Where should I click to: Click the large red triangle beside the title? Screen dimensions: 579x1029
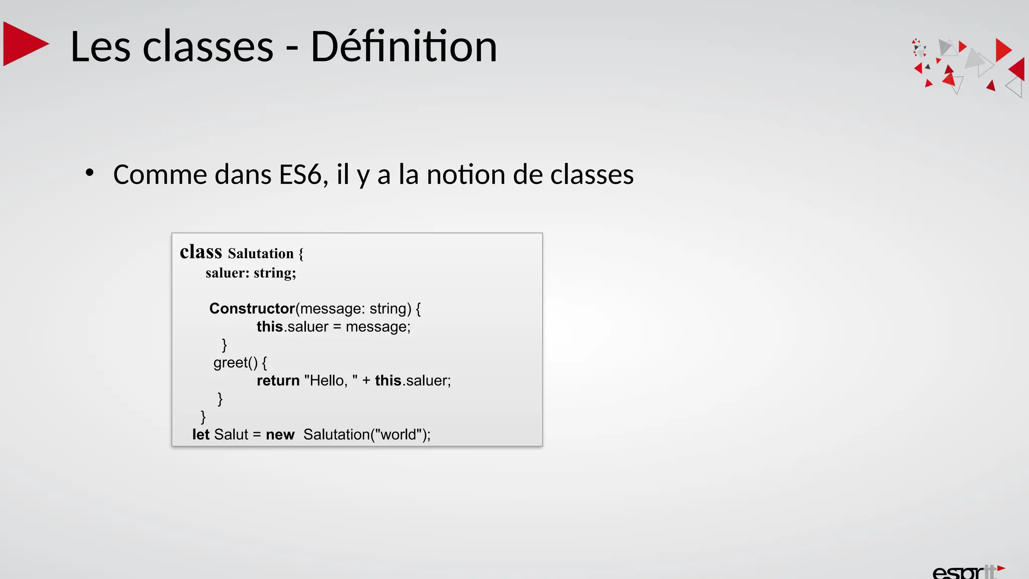(x=24, y=44)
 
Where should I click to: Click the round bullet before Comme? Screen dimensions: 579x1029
(x=89, y=173)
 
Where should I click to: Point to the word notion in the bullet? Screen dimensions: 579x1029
(x=466, y=175)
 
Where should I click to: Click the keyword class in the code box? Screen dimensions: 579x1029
(x=200, y=252)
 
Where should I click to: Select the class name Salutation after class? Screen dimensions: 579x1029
(x=260, y=253)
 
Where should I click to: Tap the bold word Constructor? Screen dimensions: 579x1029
(x=252, y=308)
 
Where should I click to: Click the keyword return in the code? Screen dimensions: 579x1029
(x=278, y=380)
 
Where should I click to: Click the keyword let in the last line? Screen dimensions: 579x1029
(x=200, y=434)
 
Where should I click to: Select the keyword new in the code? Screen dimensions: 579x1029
(x=280, y=434)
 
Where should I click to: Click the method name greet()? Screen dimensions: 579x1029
(x=235, y=362)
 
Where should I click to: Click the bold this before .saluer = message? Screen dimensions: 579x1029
(x=270, y=327)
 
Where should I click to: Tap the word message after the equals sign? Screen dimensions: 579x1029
(x=377, y=327)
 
